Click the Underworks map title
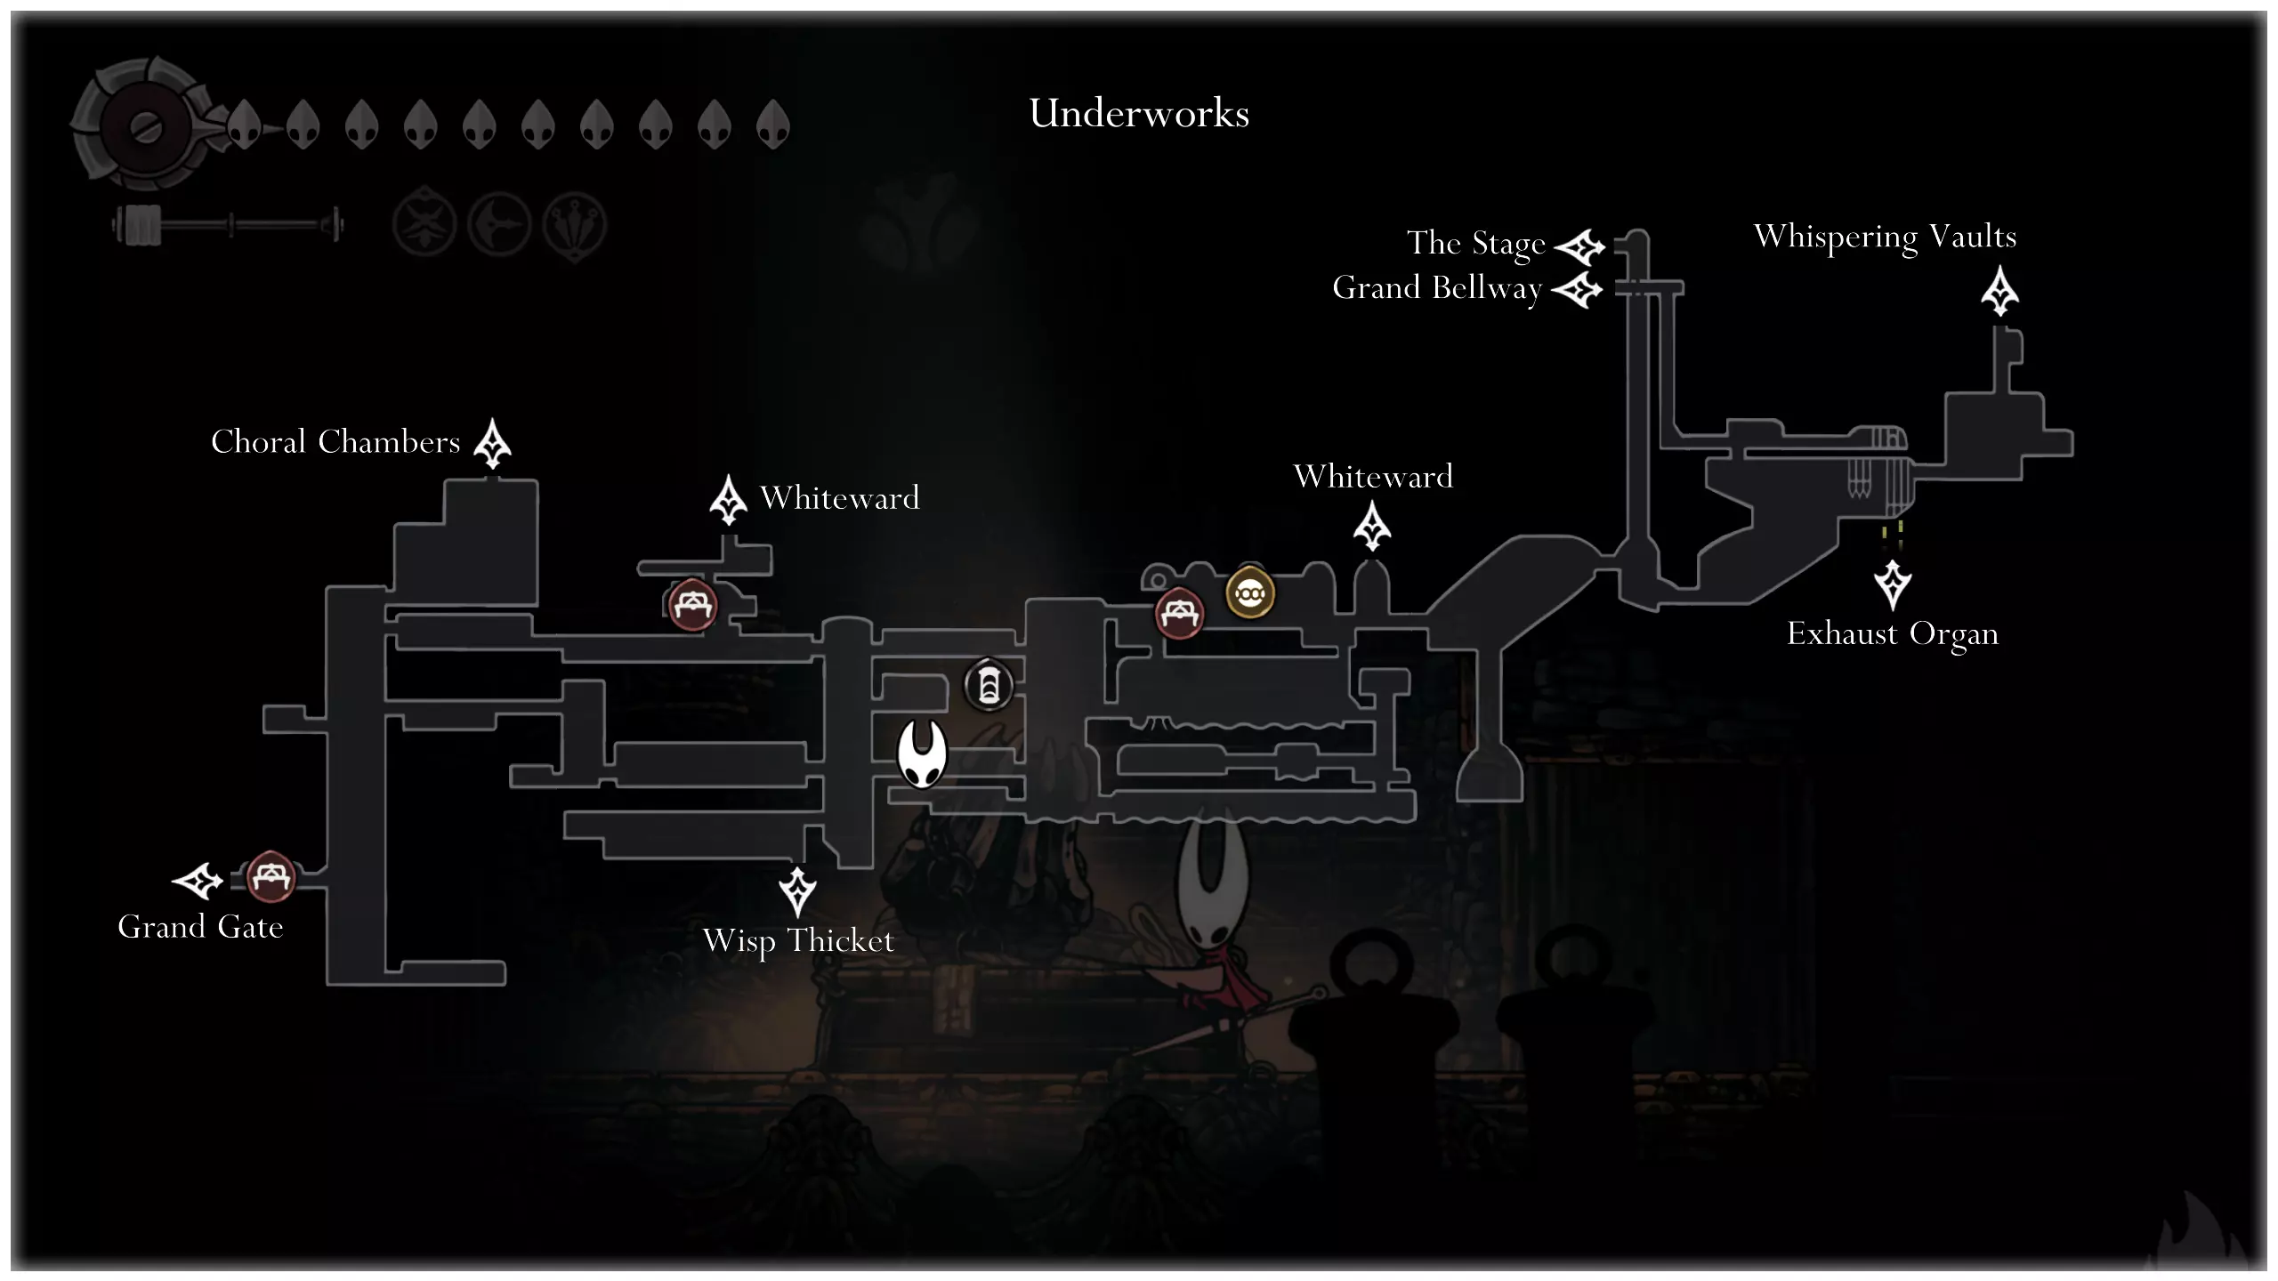1139,114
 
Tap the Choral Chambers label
335,442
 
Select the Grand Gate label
200,927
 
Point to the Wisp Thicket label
798,941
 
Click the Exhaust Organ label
1893,634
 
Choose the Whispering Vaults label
1885,237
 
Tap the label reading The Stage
1475,243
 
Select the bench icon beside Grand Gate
270,877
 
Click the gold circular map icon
1250,592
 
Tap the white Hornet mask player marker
921,753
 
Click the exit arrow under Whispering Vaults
1999,292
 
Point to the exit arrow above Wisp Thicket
797,890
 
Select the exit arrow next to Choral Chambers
492,443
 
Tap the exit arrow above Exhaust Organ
1893,584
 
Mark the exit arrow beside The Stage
1580,246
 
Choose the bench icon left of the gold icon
1179,613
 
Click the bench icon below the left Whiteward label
692,605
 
